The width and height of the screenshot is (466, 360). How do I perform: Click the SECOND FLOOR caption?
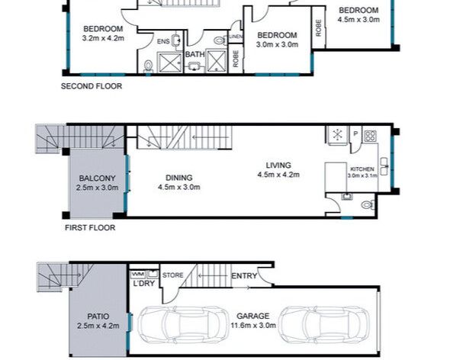[x=92, y=86]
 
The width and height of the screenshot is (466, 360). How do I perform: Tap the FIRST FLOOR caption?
[x=90, y=228]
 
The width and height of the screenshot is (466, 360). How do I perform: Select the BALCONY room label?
[x=97, y=178]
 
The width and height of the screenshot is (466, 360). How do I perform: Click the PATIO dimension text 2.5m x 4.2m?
[x=98, y=326]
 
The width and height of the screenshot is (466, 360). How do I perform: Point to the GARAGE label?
[x=253, y=316]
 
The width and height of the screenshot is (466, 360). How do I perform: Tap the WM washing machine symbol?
[x=138, y=274]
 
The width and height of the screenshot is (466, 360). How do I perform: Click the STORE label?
[x=172, y=275]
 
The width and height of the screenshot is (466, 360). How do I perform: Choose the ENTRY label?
[x=244, y=276]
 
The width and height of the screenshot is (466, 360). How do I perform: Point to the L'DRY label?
[x=144, y=283]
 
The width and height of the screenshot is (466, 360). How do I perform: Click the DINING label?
[x=179, y=178]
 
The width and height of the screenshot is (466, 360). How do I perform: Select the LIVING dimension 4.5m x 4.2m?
[x=278, y=175]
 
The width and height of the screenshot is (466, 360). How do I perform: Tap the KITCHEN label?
[x=362, y=169]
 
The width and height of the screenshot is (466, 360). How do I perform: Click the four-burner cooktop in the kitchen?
[x=370, y=136]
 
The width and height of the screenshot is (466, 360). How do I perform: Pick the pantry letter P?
[x=355, y=133]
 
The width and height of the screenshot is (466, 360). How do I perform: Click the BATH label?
[x=195, y=54]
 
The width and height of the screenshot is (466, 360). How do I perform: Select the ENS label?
[x=163, y=42]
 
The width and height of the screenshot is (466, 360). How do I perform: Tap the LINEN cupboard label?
[x=236, y=37]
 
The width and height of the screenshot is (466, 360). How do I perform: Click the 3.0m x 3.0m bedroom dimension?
[x=278, y=44]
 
